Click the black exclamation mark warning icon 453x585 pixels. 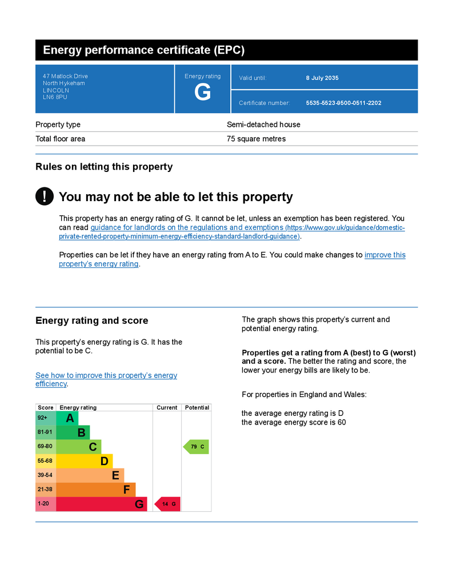(x=45, y=197)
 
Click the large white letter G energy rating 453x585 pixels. (x=202, y=92)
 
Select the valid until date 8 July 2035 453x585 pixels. (x=322, y=78)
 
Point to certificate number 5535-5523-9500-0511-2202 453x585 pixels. (x=343, y=103)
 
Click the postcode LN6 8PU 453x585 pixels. (x=55, y=97)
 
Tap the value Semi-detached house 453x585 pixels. (x=263, y=125)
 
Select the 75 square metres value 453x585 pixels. (x=256, y=139)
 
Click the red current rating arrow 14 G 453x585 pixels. (x=168, y=504)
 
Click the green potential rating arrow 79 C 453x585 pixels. (x=196, y=447)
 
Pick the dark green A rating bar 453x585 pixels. (x=67, y=418)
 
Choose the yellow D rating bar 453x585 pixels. (x=85, y=461)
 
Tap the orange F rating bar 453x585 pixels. (x=96, y=490)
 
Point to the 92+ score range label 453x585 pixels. (x=43, y=418)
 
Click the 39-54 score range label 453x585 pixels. (x=45, y=475)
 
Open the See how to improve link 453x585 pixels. (x=106, y=375)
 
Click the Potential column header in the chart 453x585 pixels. (x=197, y=407)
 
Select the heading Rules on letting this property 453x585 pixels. (x=104, y=167)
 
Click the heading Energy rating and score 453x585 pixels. (x=91, y=320)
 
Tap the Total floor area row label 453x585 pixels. (x=60, y=139)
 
